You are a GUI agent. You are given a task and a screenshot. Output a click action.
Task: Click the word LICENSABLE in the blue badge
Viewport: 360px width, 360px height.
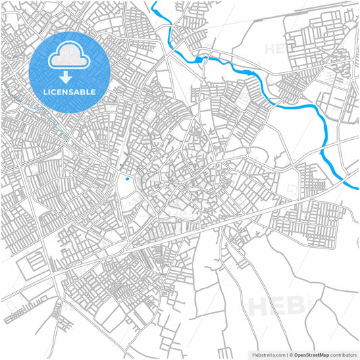(x=70, y=92)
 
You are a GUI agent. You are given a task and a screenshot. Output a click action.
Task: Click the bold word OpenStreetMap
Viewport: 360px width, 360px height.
(x=311, y=355)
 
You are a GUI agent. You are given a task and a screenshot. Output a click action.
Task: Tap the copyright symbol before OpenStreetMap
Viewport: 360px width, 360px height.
(x=291, y=355)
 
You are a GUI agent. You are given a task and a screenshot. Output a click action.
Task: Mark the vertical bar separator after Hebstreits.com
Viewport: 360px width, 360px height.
(x=286, y=355)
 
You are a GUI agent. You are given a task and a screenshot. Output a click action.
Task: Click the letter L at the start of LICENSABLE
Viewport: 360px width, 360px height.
(x=46, y=92)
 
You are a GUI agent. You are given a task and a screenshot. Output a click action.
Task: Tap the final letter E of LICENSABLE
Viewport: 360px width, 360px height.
(x=93, y=92)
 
